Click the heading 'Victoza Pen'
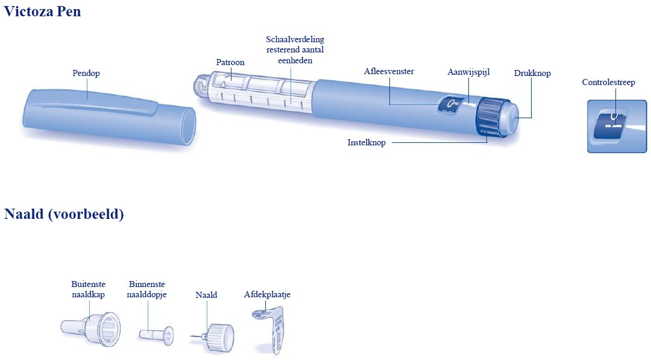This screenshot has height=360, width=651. point(42,11)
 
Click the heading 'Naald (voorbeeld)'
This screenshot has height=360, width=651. point(64,214)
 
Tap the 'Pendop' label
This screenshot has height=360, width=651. point(86,73)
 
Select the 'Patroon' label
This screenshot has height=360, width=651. point(230,62)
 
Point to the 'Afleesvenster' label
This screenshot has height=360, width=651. point(389,71)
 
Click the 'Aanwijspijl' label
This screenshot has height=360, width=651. point(468,72)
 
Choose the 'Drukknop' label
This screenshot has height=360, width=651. point(532,73)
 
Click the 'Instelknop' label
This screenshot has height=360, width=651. point(366,142)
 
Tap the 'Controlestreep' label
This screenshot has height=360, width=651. point(608,82)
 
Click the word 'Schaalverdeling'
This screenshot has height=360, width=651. point(295,39)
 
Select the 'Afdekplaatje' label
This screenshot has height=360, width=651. point(267,294)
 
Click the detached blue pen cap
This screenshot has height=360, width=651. point(108,117)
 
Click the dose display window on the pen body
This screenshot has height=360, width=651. point(450,106)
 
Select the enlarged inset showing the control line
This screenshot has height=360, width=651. point(617,126)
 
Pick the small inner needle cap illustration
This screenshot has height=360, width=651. point(156,335)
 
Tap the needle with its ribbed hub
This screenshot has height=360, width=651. point(213,337)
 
